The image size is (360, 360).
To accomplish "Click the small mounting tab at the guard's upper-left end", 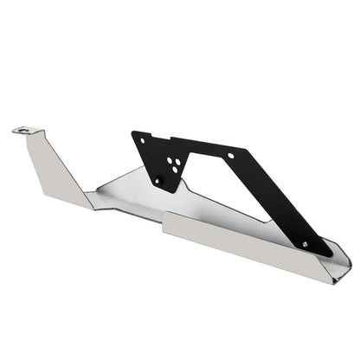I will tap(28, 132).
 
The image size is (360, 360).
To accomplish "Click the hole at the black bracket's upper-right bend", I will tap(232, 156).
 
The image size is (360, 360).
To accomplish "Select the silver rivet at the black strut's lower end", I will tap(304, 243).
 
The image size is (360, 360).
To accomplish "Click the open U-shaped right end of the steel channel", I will tap(339, 260).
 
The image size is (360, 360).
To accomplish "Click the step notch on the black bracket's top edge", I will tap(170, 138).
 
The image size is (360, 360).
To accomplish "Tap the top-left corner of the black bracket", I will tap(133, 133).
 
